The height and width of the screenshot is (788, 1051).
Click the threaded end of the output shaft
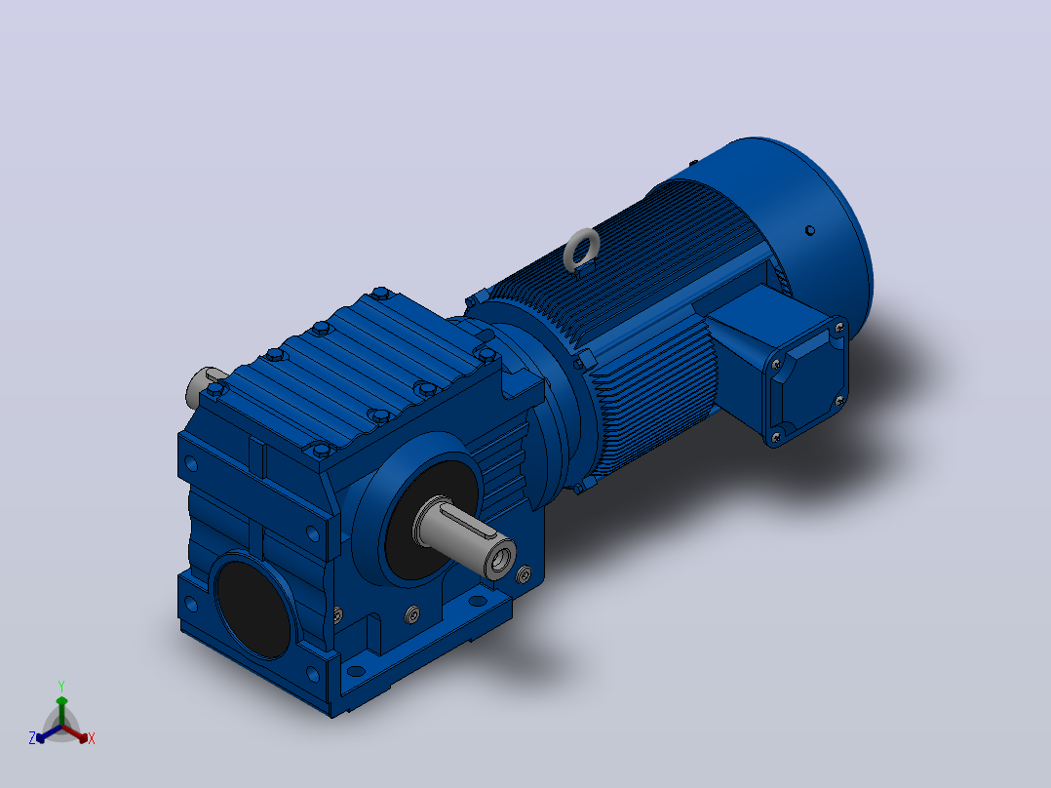pos(500,557)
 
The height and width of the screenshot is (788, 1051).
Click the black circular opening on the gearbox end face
pos(254,608)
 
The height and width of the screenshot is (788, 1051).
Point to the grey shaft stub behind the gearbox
pos(199,386)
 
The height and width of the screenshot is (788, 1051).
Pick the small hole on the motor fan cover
pos(809,231)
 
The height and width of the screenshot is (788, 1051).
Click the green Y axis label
pos(61,686)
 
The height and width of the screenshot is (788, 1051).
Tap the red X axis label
pos(92,738)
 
